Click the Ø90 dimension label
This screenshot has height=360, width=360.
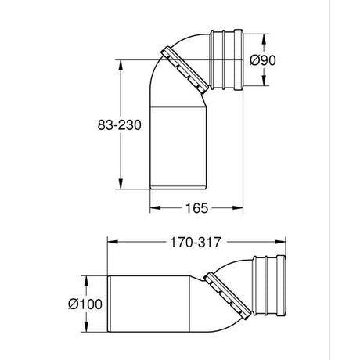coord(263,60)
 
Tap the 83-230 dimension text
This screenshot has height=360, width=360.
coord(120,125)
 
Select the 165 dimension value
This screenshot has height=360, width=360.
coord(196,208)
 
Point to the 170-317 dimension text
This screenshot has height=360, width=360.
coord(196,243)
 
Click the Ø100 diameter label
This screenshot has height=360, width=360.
coord(85,304)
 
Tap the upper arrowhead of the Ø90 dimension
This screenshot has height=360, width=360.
coord(264,39)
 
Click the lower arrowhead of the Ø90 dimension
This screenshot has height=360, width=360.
coord(264,81)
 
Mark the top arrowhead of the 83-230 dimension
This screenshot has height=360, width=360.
coord(121,65)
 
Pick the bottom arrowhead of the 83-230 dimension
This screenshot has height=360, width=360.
coord(121,184)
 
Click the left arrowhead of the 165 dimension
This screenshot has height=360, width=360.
coord(155,208)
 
